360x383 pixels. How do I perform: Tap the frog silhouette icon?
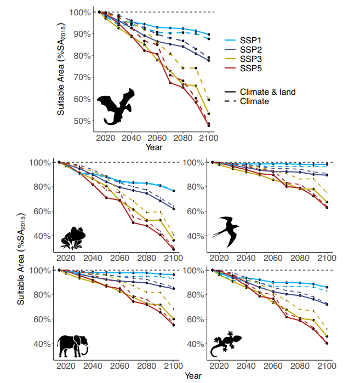tap(72, 237)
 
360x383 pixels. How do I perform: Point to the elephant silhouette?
tap(73, 345)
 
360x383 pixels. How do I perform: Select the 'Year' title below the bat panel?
tap(154, 147)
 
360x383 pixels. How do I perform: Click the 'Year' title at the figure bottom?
tap(192, 376)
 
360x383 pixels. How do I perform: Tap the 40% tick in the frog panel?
tap(43, 236)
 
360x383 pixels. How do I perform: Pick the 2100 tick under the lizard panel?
tap(327, 365)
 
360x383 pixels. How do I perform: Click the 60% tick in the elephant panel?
tap(43, 319)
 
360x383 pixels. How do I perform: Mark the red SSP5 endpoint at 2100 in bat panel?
tap(209, 125)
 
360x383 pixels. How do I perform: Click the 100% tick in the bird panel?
tap(194, 163)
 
